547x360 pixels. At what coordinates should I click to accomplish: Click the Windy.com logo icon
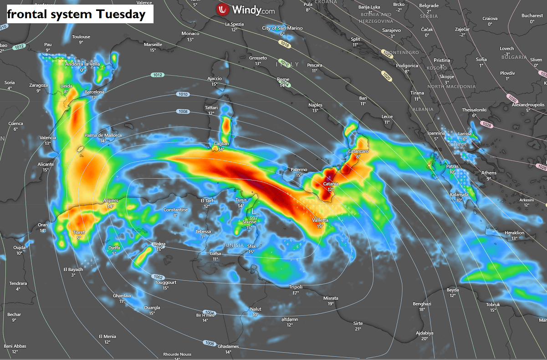[222, 9]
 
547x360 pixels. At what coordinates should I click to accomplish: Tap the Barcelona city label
[95, 92]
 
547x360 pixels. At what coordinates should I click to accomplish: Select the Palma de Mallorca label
[103, 135]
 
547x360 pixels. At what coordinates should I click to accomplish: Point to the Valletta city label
[320, 220]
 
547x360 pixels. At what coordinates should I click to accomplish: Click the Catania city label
[331, 184]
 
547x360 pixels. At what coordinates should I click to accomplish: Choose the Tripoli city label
[296, 287]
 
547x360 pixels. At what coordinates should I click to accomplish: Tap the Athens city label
[489, 173]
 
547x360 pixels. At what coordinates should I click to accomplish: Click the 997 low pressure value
[254, 218]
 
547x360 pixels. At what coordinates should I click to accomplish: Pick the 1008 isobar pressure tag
[183, 111]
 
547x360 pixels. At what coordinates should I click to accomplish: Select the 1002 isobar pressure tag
[158, 277]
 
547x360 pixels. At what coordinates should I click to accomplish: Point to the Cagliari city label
[221, 144]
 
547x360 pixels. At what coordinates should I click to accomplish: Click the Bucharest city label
[532, 15]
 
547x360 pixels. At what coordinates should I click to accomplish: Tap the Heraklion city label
[514, 233]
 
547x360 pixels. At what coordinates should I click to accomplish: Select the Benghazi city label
[422, 303]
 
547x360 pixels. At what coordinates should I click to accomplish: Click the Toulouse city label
[81, 37]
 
